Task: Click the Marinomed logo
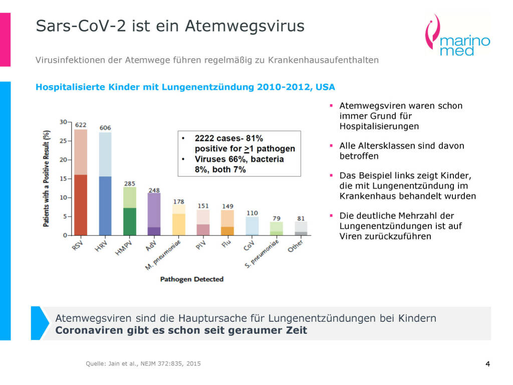[456, 36]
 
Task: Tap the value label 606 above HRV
[105, 128]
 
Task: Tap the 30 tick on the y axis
[63, 122]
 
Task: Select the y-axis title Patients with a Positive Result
[47, 179]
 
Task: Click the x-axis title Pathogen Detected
[191, 279]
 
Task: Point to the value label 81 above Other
[301, 218]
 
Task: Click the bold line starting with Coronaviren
[181, 330]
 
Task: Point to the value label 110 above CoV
[252, 213]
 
